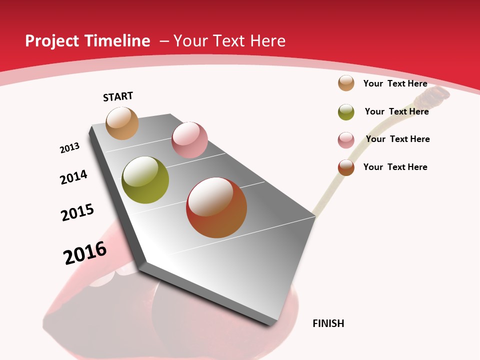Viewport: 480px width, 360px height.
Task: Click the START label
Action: (x=118, y=96)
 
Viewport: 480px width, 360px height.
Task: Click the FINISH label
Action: (x=328, y=323)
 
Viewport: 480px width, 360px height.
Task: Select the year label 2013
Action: (x=69, y=148)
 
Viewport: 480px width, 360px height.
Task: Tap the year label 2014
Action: (x=74, y=177)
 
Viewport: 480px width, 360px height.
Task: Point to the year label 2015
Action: (x=77, y=212)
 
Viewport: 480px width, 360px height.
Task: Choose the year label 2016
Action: (x=85, y=253)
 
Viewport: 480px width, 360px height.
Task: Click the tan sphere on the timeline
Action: (x=122, y=123)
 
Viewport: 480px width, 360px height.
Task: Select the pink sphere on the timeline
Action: (x=189, y=140)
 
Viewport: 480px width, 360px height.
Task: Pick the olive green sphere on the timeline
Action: (x=145, y=180)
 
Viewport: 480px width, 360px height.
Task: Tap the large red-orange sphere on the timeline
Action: (x=216, y=207)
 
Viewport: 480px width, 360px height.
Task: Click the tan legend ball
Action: (x=346, y=83)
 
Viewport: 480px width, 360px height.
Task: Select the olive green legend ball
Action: (x=346, y=112)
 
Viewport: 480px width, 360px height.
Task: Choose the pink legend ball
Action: (x=346, y=140)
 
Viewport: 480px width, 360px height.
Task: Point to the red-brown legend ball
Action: (x=346, y=167)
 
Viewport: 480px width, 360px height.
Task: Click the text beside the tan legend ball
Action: (x=395, y=83)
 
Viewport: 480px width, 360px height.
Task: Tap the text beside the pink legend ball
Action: (x=397, y=139)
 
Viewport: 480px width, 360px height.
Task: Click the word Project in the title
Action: (x=52, y=41)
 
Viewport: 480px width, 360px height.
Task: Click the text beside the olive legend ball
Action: (x=396, y=111)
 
